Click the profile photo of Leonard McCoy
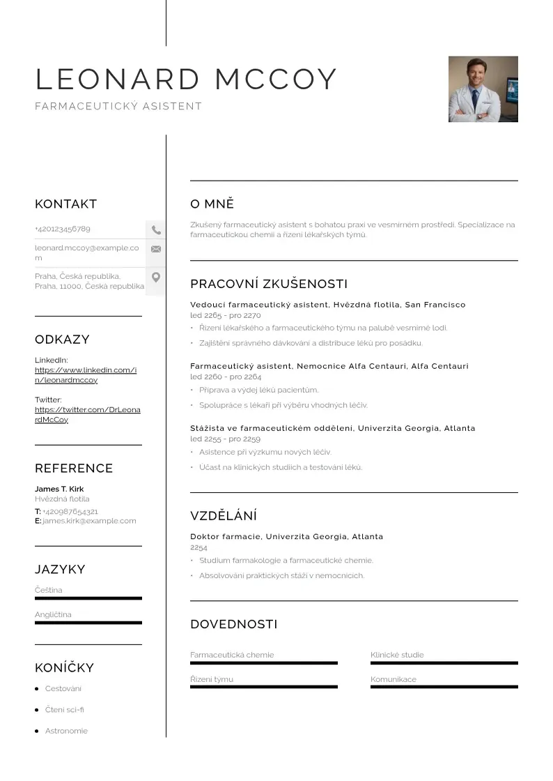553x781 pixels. [x=483, y=89]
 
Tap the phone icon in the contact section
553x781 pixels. [x=156, y=229]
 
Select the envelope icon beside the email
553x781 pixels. [x=156, y=249]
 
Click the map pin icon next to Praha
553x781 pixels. [x=156, y=278]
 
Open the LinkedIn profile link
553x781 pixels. [x=86, y=375]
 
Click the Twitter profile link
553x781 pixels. [x=87, y=415]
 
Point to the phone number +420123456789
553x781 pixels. [x=63, y=229]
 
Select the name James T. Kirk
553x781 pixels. [x=59, y=489]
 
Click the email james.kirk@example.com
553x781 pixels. [x=89, y=521]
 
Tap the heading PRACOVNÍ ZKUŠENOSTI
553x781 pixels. [x=269, y=284]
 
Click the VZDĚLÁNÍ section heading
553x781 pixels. [x=224, y=516]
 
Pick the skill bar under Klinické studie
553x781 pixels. [x=444, y=662]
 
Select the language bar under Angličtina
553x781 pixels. [x=88, y=623]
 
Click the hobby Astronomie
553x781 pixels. [x=66, y=731]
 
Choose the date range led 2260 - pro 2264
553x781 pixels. [x=226, y=377]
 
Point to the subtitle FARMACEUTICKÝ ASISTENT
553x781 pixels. [x=118, y=107]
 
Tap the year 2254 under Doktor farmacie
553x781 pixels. [x=198, y=547]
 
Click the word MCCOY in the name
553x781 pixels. [x=276, y=79]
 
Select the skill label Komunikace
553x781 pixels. [x=394, y=679]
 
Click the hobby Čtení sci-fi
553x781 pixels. [x=64, y=710]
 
